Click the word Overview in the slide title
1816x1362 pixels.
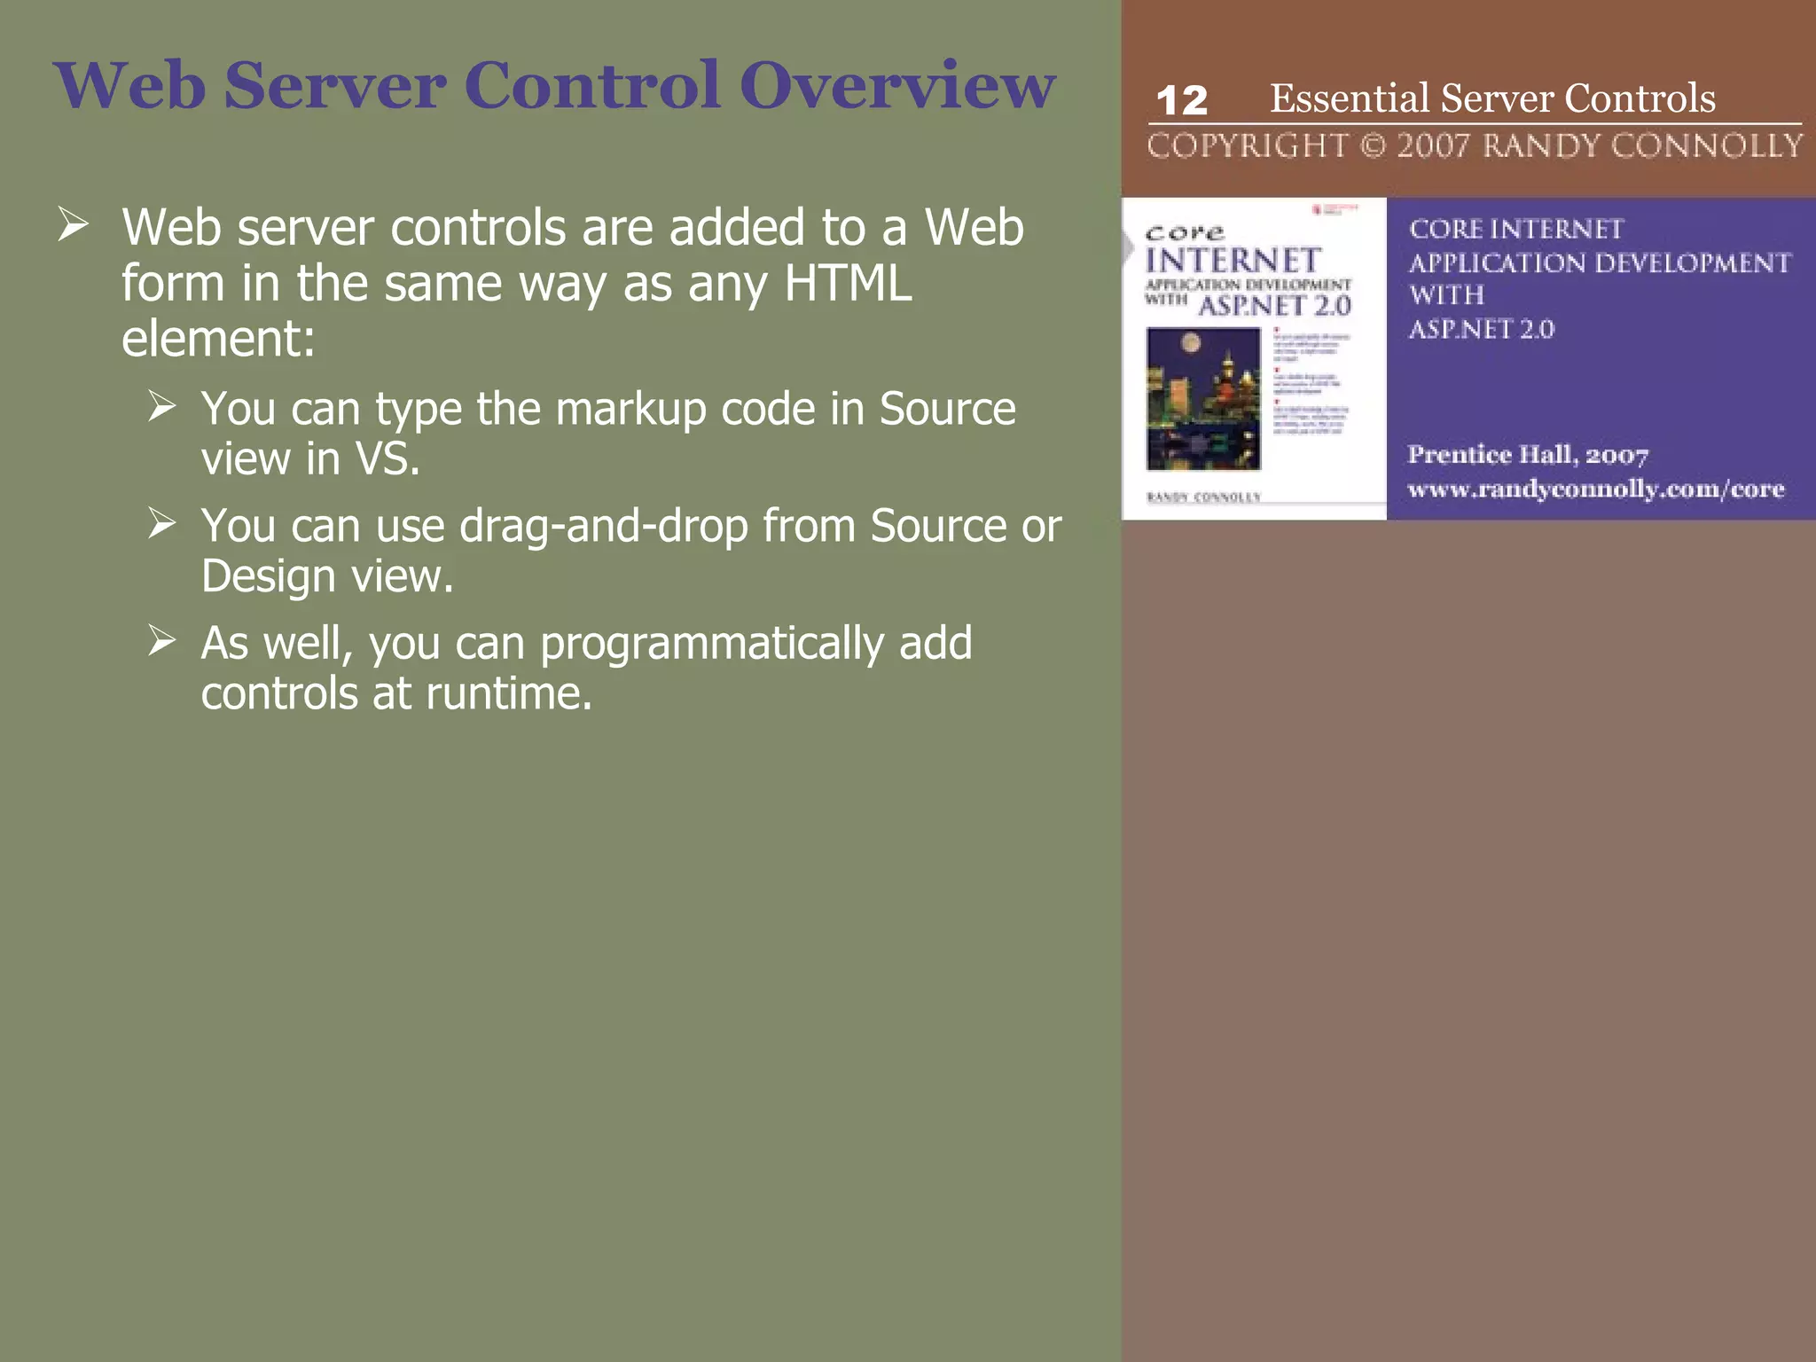pos(897,86)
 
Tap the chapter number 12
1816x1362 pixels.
pos(1182,100)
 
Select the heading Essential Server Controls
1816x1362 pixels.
pos(1492,98)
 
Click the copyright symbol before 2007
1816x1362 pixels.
pos(1372,145)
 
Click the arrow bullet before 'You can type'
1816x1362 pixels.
pos(162,406)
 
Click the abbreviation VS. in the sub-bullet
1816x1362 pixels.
pos(387,459)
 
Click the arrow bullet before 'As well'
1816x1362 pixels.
pos(162,640)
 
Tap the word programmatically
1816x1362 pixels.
pos(711,644)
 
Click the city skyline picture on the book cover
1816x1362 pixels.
pos(1203,398)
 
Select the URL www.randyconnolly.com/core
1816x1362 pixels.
pos(1595,489)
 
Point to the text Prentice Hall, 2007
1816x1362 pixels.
pos(1528,455)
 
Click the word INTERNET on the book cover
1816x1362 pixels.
pos(1233,261)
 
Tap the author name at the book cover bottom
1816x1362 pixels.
pos(1203,497)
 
